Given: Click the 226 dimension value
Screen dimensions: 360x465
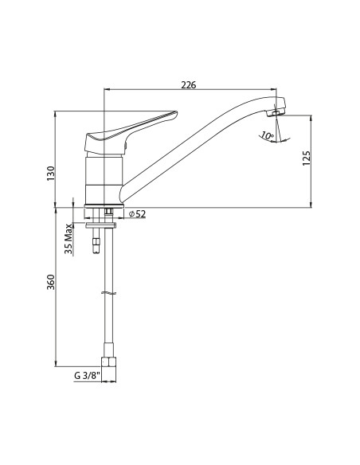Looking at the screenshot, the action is point(189,85).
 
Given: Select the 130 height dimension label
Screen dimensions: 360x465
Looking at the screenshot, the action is point(51,174).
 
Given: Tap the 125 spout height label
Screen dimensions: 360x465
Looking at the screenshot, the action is point(307,158).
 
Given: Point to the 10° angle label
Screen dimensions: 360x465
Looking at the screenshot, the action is point(268,136).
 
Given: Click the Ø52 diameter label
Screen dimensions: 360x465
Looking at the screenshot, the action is point(138,213).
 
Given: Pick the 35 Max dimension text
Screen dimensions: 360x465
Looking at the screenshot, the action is point(68,239).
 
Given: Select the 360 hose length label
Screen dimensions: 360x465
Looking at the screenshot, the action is point(51,283).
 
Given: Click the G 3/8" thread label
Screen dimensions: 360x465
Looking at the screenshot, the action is point(86,376).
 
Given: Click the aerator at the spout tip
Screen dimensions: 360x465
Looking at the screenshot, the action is point(276,113).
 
